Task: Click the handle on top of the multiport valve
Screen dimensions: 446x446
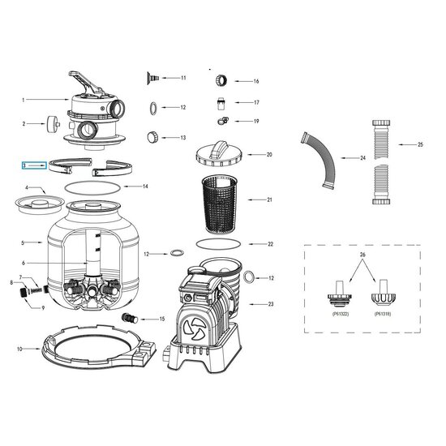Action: (85, 82)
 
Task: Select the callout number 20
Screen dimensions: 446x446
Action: (269, 155)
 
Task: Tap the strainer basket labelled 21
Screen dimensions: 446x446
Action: (220, 203)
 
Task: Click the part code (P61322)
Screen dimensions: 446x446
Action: (341, 314)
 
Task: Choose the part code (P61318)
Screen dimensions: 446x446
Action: (383, 314)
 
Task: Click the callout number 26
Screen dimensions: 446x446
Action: (362, 255)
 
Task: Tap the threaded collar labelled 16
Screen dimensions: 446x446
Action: (221, 80)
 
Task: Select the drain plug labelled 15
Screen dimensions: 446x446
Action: (130, 318)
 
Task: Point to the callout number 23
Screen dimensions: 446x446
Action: (271, 304)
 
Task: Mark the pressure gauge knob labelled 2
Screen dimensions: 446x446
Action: (54, 124)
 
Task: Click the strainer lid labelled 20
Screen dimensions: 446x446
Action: (218, 154)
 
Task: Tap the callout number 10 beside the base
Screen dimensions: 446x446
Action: (19, 349)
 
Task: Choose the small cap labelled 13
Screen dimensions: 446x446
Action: (152, 137)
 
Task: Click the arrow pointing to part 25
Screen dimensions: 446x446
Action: (407, 144)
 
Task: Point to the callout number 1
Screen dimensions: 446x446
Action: (24, 100)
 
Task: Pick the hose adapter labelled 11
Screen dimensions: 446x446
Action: (153, 78)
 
